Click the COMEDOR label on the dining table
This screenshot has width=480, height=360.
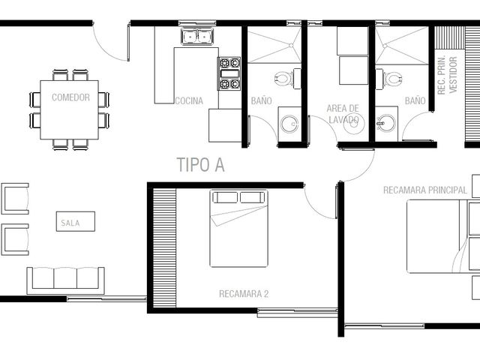click(x=70, y=97)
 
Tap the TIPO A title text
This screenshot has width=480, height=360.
click(x=201, y=165)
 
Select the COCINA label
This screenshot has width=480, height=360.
click(x=189, y=100)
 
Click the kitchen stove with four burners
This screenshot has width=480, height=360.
click(x=229, y=73)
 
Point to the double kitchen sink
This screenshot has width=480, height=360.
click(x=197, y=37)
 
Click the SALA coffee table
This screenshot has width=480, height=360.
click(x=76, y=221)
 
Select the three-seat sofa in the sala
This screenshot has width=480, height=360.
click(x=66, y=280)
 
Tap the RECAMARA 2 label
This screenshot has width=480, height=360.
click(x=244, y=294)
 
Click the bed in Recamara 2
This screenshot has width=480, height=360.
click(x=238, y=228)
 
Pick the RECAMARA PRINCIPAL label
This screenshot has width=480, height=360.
click(x=425, y=190)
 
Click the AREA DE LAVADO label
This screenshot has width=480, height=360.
click(x=343, y=114)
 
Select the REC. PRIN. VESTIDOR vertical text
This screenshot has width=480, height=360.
click(x=447, y=75)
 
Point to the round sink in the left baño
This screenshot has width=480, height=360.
click(x=289, y=124)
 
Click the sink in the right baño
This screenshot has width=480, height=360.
click(x=386, y=123)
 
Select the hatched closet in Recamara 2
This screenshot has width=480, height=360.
click(x=164, y=248)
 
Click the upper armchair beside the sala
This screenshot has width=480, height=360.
click(x=15, y=199)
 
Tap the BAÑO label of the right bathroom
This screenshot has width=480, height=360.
click(x=415, y=100)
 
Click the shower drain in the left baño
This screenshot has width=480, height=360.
click(x=291, y=45)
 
